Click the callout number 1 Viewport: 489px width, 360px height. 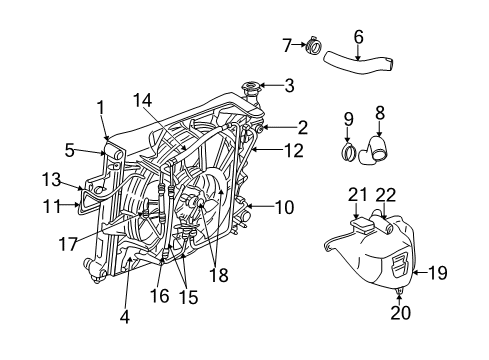tap(100, 107)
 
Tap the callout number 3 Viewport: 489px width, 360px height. tap(289, 86)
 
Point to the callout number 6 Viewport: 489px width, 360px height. tap(358, 37)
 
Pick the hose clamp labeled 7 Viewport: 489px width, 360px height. tap(314, 46)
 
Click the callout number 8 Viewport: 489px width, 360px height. tap(380, 113)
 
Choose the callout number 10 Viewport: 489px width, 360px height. tap(284, 208)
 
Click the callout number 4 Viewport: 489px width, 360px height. tap(124, 319)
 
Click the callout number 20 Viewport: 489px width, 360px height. tap(400, 313)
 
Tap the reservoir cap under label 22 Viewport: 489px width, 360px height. tap(381, 215)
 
